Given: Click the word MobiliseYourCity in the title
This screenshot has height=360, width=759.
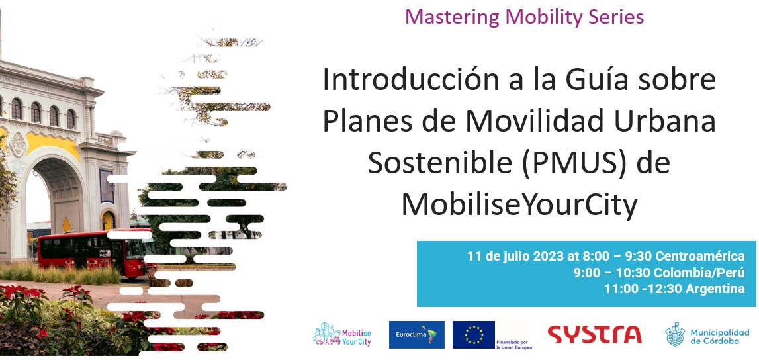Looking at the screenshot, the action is coord(518,205).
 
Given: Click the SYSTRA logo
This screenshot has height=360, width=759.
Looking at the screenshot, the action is coord(594,334).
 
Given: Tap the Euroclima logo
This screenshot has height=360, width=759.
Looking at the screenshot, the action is coord(417,335).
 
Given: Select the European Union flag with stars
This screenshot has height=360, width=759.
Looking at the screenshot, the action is coord(473,335).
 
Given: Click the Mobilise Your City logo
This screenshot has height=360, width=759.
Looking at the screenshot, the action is coord(341,334).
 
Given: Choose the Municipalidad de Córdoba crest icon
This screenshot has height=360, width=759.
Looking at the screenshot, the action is coord(675,334).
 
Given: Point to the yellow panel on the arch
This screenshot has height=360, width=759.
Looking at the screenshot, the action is coord(52,144).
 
